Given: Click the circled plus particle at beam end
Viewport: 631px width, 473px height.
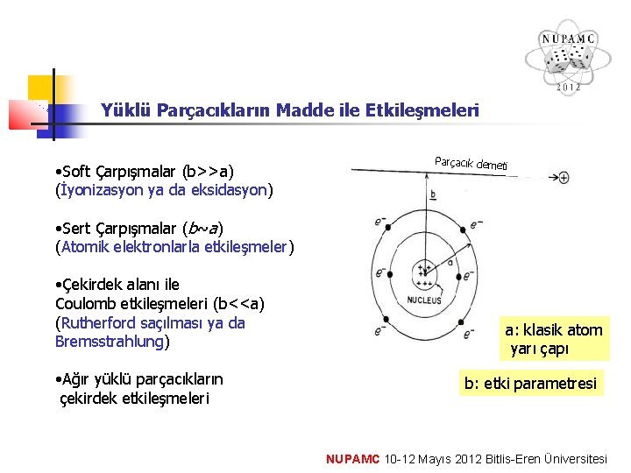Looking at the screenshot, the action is point(564,177).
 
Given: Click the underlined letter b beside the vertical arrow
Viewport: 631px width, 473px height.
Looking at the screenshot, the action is point(433,193).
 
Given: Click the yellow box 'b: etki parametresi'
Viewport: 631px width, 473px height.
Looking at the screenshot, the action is point(530,383).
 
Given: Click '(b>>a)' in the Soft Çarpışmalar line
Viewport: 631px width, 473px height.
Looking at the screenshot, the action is point(209,170).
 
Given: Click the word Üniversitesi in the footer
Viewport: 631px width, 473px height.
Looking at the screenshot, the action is point(575,458).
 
